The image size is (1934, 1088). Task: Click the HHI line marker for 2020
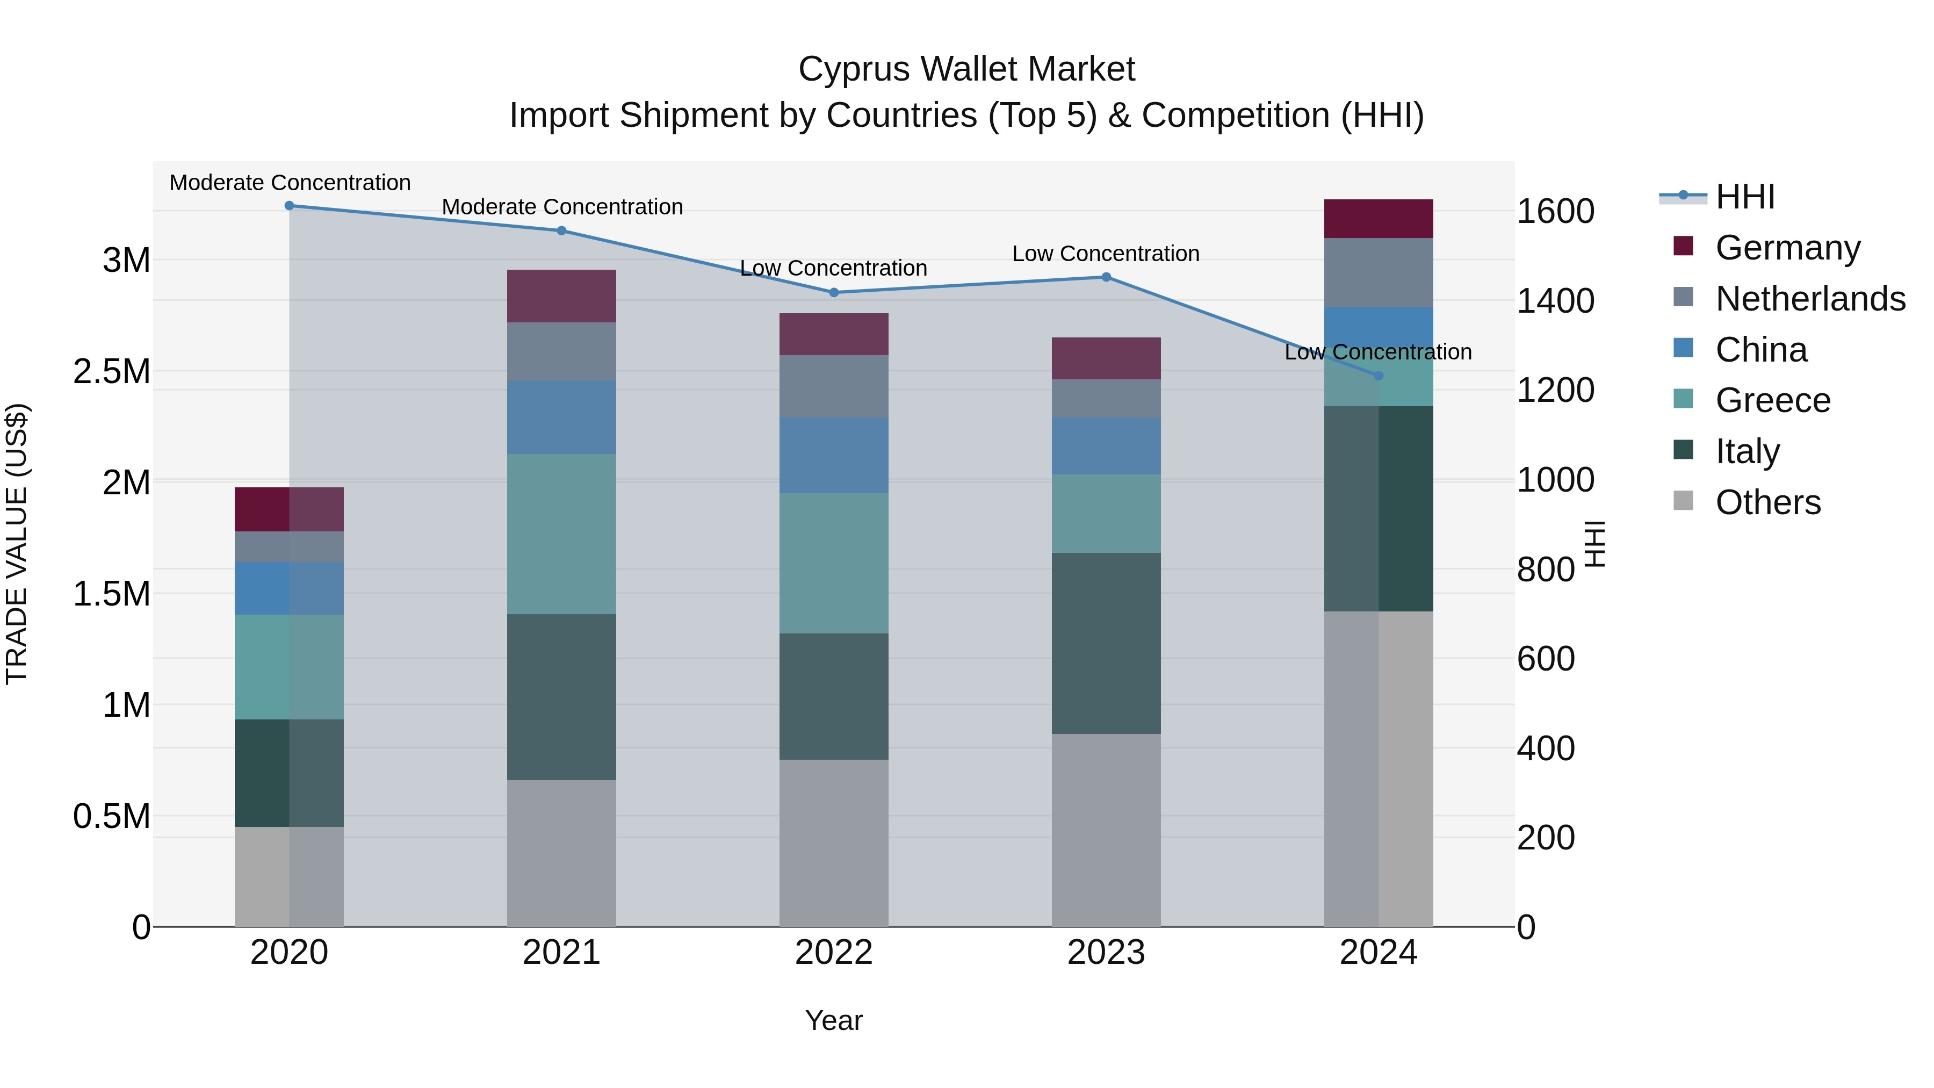[x=289, y=206]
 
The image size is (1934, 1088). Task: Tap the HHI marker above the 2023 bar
[x=1106, y=277]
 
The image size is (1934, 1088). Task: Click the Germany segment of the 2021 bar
[x=561, y=296]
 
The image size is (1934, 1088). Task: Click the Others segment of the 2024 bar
[x=1379, y=768]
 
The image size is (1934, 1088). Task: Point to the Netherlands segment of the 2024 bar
[x=1379, y=272]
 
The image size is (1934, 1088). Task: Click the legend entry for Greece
[x=1772, y=400]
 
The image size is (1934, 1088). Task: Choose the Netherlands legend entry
[x=1809, y=299]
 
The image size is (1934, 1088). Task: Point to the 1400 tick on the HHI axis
[x=1555, y=301]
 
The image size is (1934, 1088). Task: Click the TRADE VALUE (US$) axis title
[x=17, y=544]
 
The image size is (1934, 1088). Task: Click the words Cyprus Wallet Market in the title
[x=966, y=69]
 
